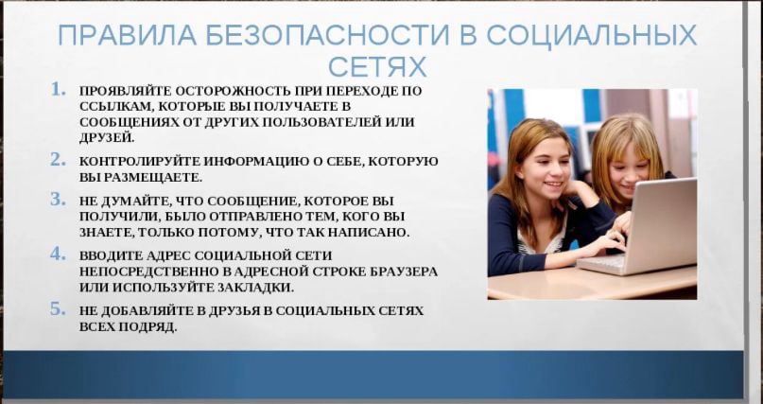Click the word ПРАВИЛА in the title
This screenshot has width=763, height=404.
click(127, 35)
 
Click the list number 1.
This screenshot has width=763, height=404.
click(58, 89)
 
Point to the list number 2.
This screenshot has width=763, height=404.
click(58, 159)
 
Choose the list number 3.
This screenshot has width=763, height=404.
click(58, 199)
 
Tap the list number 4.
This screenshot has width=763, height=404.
click(58, 254)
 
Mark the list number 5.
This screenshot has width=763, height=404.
click(58, 308)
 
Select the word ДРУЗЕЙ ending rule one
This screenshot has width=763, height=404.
click(107, 138)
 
